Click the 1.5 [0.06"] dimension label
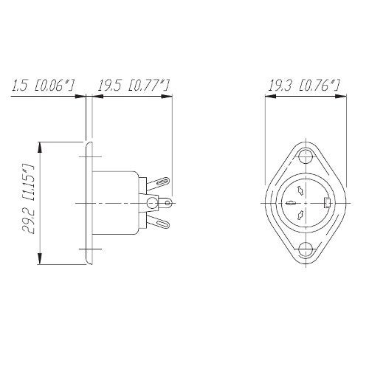[x=43, y=85]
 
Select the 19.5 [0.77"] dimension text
[x=134, y=85]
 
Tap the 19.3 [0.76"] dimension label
[x=303, y=85]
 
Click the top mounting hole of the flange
[x=306, y=156]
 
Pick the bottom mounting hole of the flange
[x=306, y=249]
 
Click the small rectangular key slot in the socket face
[x=328, y=203]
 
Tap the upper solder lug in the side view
[x=159, y=183]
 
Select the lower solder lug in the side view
[x=159, y=222]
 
